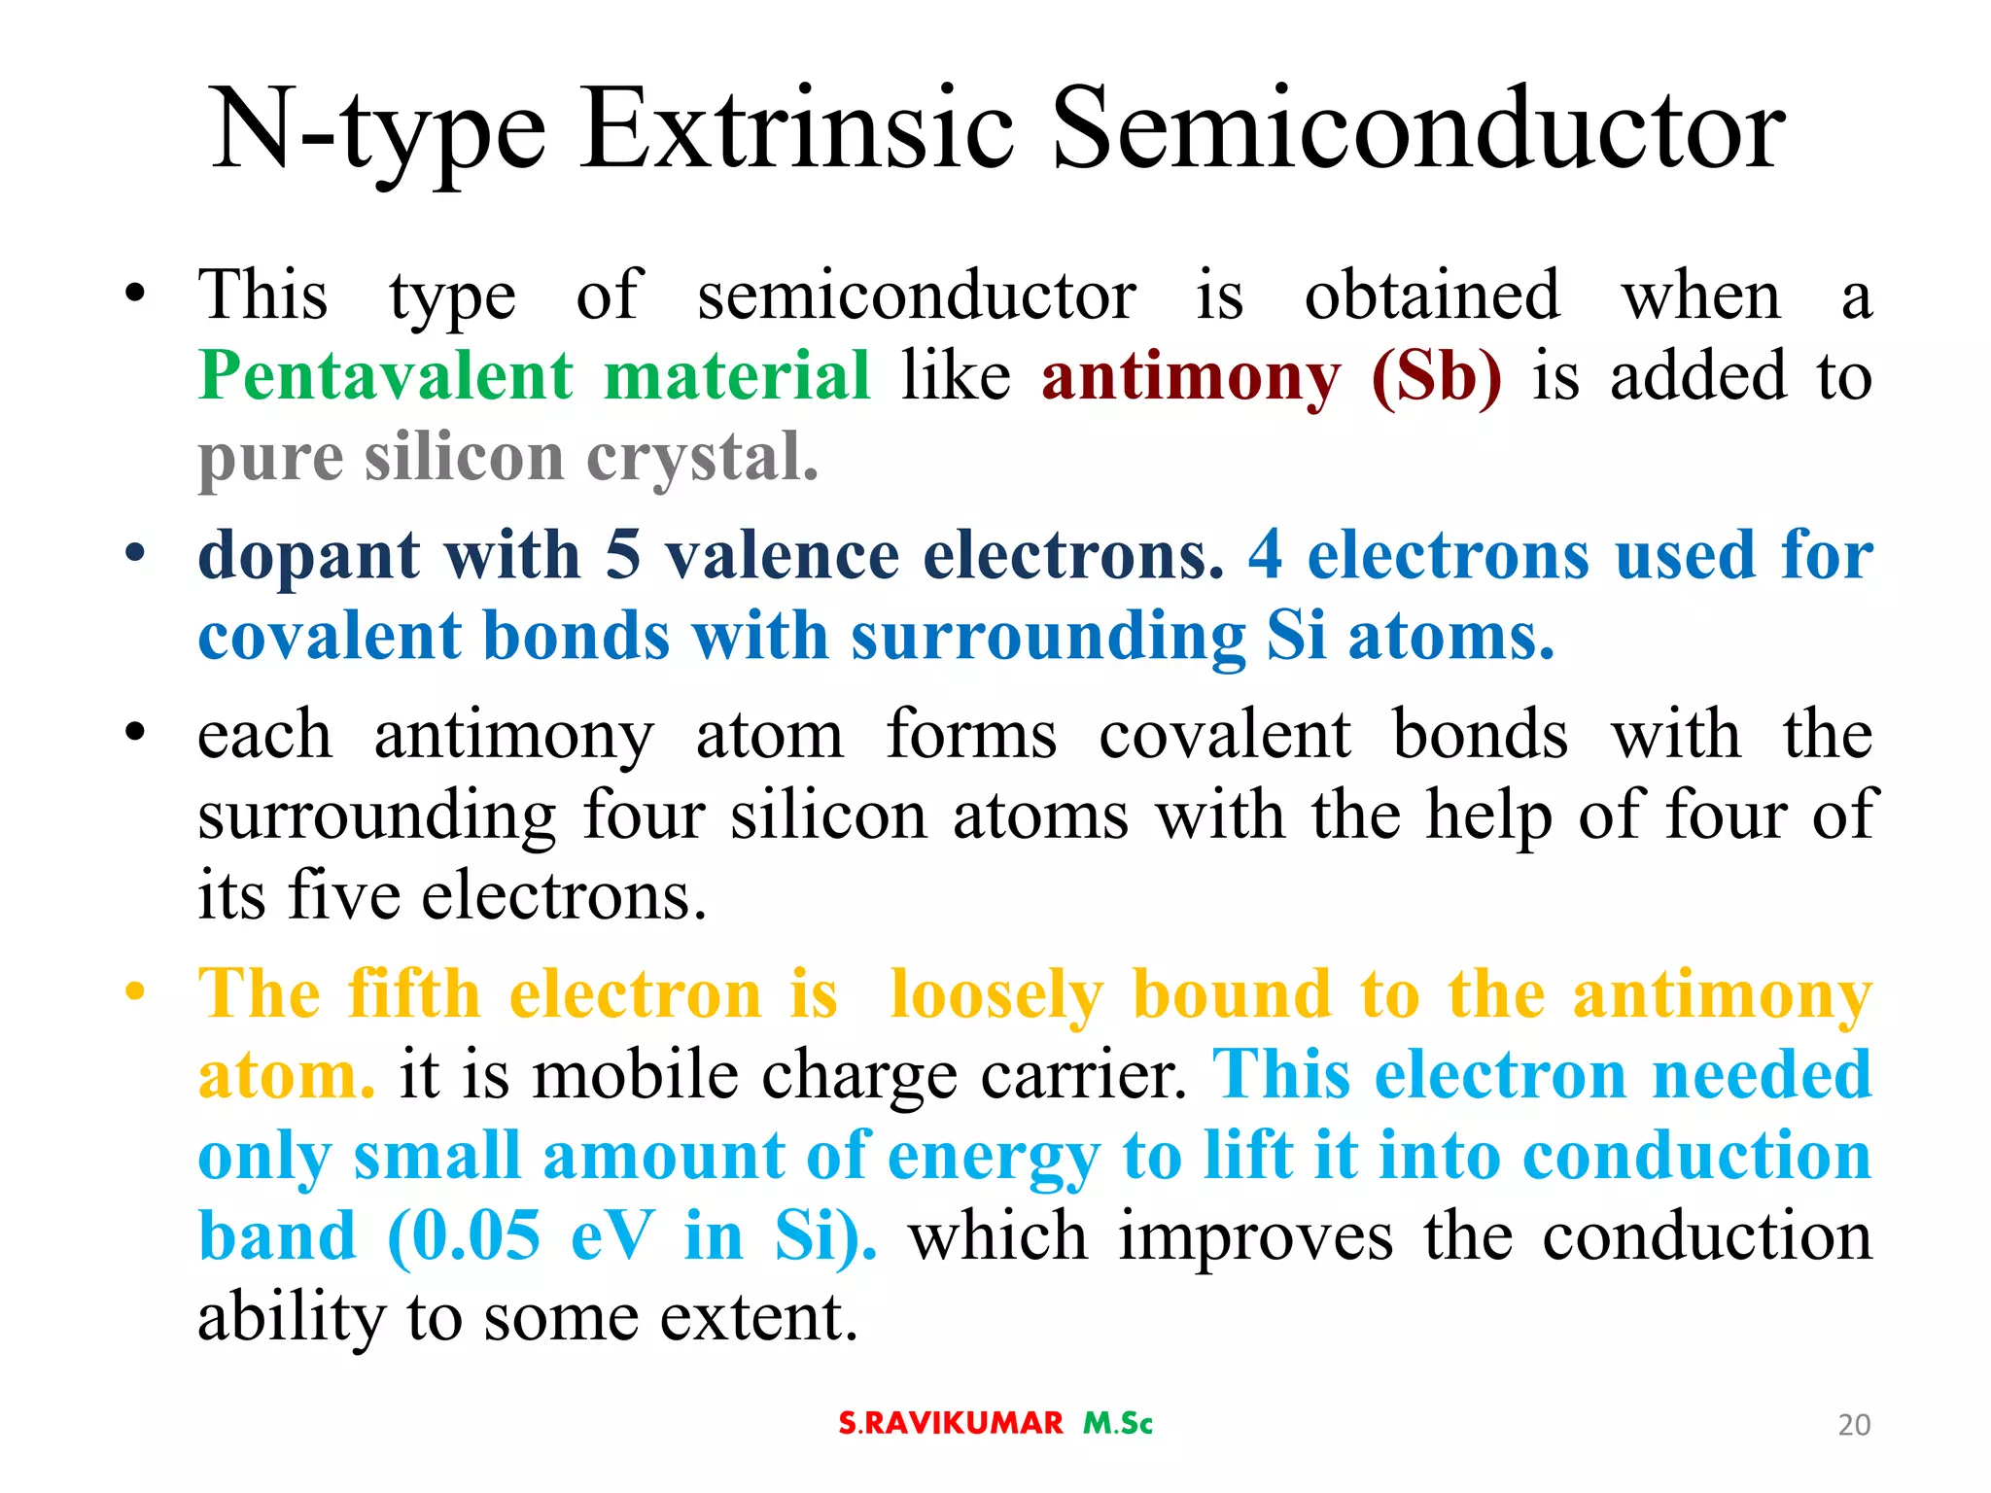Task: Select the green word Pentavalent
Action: pyautogui.click(x=386, y=376)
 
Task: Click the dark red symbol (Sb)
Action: pyautogui.click(x=1436, y=377)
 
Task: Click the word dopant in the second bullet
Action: pyautogui.click(x=309, y=556)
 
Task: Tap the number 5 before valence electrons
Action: pyautogui.click(x=622, y=556)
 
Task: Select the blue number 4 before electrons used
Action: pyautogui.click(x=1265, y=556)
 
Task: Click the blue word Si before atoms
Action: pyautogui.click(x=1296, y=637)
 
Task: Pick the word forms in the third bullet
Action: pyautogui.click(x=971, y=734)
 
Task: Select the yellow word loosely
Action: pyautogui.click(x=996, y=996)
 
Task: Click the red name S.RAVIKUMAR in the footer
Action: pyautogui.click(x=951, y=1424)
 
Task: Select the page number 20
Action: pyautogui.click(x=1854, y=1425)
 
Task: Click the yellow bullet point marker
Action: pyautogui.click(x=135, y=993)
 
